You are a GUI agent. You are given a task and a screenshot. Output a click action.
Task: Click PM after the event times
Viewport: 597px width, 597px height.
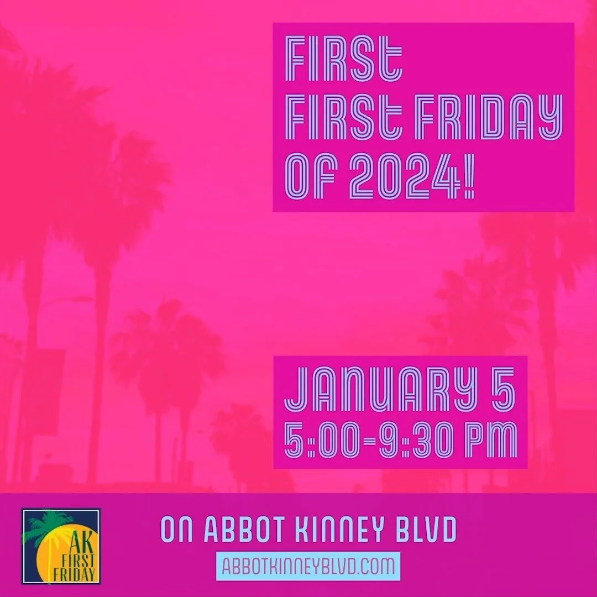click(491, 441)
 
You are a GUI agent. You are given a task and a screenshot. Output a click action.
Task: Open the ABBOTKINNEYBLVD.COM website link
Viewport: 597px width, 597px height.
click(308, 566)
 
